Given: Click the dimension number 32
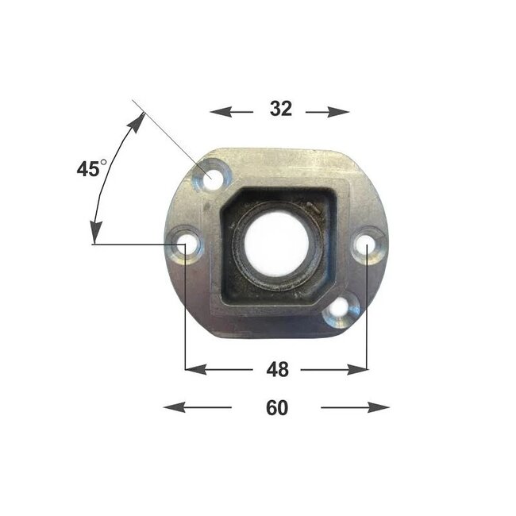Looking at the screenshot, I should [280, 110].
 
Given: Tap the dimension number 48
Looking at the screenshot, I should [278, 369].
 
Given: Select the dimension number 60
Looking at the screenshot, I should [276, 408].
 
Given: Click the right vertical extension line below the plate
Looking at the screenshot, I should [368, 318].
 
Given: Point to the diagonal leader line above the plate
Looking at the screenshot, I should [167, 135].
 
